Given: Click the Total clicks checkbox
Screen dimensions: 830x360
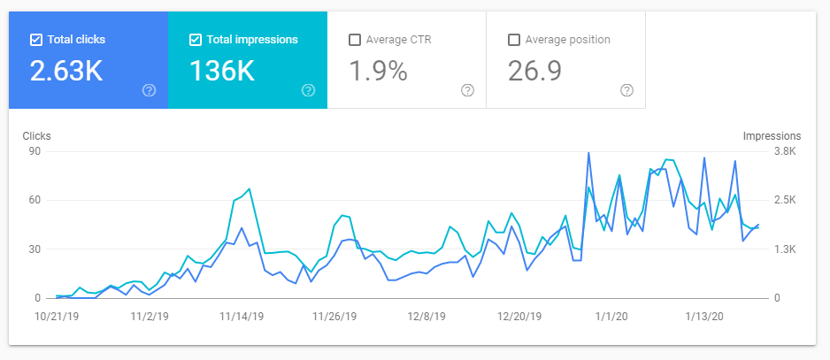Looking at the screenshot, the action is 36,40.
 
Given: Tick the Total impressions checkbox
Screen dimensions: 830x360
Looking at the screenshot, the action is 196,40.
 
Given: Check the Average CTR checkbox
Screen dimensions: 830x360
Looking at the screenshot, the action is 355,40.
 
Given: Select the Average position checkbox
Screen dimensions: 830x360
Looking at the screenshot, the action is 513,40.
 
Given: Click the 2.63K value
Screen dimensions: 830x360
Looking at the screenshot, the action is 66,71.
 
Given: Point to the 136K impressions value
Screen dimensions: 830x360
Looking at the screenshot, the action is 222,71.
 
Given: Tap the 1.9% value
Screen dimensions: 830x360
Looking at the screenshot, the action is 378,71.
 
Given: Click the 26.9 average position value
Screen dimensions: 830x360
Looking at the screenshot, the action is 534,71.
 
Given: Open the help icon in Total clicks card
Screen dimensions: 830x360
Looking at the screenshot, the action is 150,90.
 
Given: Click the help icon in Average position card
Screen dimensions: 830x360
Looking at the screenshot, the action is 626,90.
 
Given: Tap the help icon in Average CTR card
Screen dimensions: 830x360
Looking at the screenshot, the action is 467,90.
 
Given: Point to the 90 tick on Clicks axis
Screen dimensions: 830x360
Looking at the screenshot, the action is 34,151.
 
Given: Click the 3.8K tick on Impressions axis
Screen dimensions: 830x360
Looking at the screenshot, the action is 785,151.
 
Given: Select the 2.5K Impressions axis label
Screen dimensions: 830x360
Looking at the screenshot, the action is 785,200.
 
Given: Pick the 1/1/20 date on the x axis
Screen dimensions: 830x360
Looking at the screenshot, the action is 612,317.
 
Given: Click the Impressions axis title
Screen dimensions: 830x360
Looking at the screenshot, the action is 772,136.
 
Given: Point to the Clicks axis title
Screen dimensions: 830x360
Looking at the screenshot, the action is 36,136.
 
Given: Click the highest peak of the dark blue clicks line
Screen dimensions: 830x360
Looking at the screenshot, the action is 588,152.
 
